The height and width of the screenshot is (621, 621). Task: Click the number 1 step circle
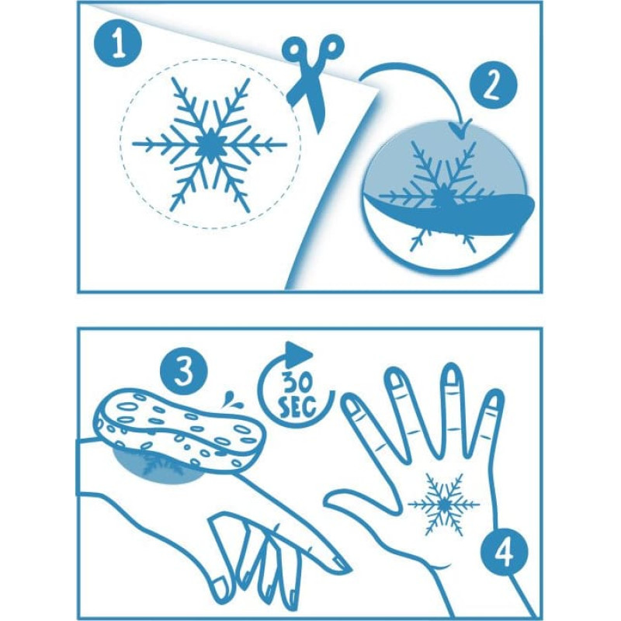tap(118, 43)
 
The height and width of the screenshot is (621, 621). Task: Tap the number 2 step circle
tap(493, 86)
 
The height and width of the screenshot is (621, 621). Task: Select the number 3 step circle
tap(183, 371)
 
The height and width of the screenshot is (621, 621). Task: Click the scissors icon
tap(313, 79)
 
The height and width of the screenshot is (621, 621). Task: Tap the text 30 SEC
tap(298, 394)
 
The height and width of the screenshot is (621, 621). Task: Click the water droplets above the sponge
tap(230, 399)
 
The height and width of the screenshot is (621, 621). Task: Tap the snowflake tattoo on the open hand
tap(443, 504)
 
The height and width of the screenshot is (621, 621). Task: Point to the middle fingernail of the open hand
tap(451, 375)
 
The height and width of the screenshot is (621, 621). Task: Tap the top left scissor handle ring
tap(295, 50)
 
